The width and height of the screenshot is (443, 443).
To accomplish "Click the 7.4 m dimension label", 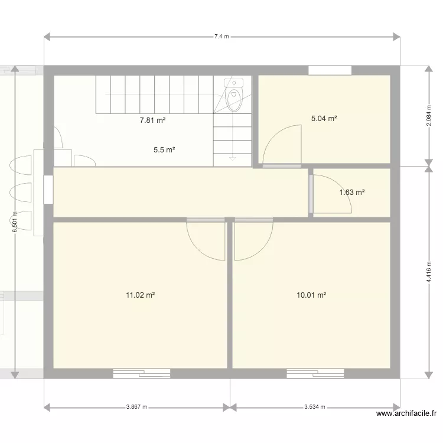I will pos(221,37).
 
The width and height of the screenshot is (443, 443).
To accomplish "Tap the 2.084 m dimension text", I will pos(428,116).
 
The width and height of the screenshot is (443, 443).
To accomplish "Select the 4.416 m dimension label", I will pos(428,272).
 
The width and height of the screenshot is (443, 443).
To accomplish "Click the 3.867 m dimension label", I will pos(136,407).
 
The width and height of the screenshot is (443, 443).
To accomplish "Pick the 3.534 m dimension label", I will pos(315,407).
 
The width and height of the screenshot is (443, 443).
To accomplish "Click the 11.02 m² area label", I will pos(140,295).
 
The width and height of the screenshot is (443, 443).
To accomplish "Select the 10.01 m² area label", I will pos(311,295).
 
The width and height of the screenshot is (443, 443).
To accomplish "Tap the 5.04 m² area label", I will pos(324,118).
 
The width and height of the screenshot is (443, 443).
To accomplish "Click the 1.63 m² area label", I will pos(351,192).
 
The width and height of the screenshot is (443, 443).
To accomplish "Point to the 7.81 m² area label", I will pos(152,120).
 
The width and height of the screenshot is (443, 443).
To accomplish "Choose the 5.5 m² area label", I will pos(164,150).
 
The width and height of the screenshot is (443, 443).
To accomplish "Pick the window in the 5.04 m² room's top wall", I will pos(330,70).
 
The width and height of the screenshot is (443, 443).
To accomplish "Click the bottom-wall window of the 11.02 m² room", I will pos(142,373).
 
